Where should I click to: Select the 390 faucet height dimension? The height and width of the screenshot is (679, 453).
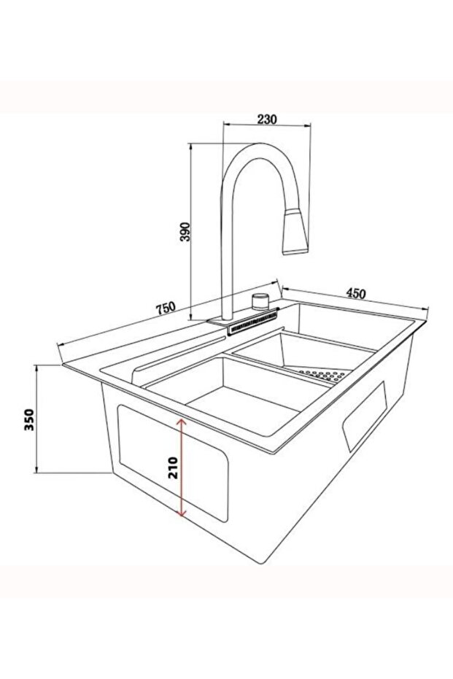coord(185,232)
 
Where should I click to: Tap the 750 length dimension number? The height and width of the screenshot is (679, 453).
coord(167,308)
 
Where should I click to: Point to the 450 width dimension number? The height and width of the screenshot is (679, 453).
coord(355,293)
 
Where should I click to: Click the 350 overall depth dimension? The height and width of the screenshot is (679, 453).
coord(28,421)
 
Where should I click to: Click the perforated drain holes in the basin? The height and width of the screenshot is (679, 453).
coord(325,376)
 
